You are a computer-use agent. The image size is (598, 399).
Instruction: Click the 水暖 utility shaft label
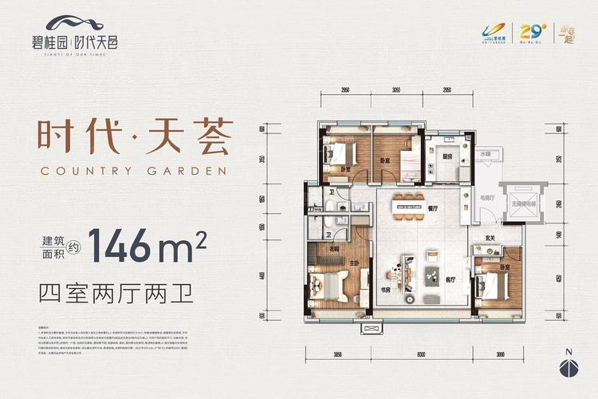[x=485, y=151]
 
